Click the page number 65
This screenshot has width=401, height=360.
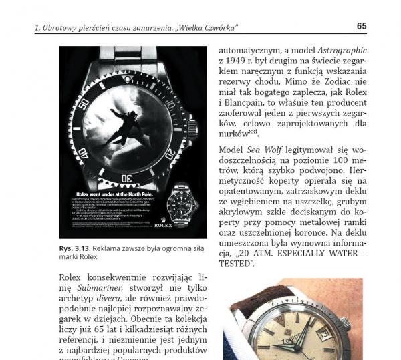361,26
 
